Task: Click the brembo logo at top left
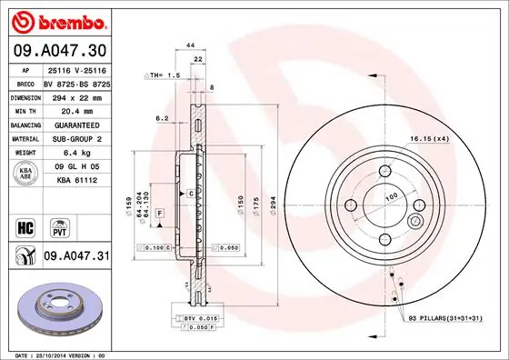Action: pos(56,19)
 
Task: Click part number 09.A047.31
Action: pos(75,257)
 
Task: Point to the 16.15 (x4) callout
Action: pos(429,137)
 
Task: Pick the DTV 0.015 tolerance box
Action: pos(190,317)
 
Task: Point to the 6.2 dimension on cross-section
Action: pos(160,118)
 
